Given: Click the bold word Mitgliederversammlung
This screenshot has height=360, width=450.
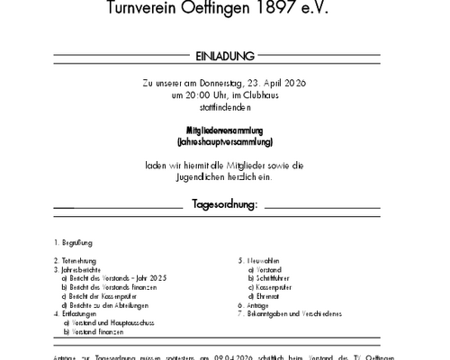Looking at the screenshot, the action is point(225,131).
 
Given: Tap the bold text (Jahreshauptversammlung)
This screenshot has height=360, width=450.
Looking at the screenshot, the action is point(225,142).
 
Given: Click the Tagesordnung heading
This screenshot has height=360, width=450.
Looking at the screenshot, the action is point(225,205).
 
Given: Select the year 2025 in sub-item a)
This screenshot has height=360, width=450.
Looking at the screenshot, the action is point(157,278).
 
